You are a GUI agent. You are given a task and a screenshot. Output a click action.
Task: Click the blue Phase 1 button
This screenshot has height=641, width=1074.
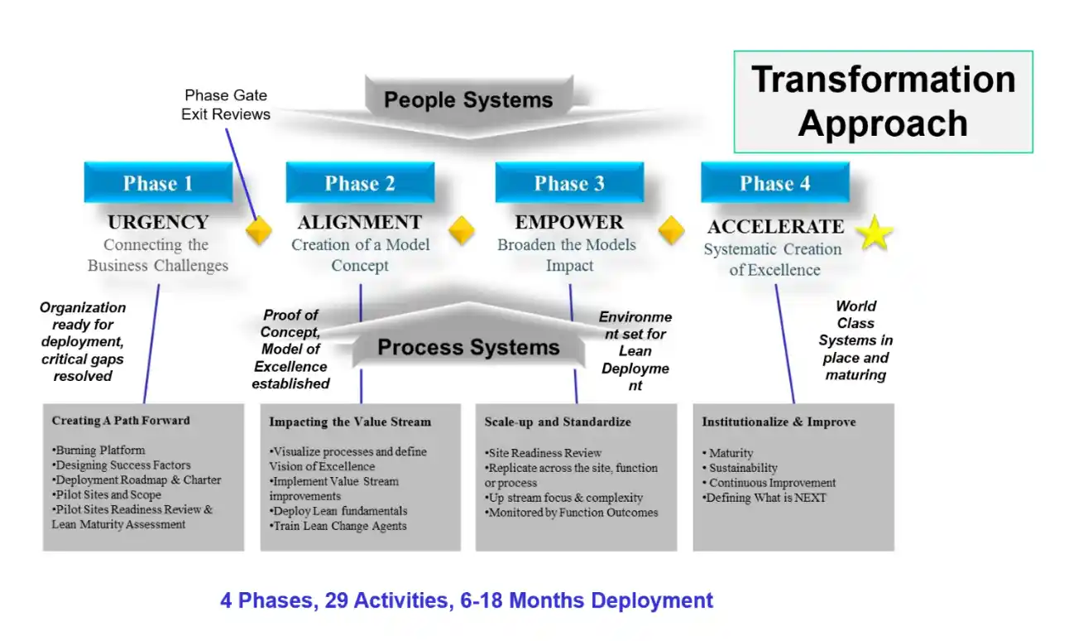(158, 183)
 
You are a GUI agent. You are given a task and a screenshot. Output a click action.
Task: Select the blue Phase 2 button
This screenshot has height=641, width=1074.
(360, 183)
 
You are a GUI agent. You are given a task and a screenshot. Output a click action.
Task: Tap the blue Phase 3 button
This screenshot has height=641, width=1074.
(569, 183)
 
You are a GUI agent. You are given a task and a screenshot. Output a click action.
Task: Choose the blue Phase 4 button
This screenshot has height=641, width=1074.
(774, 183)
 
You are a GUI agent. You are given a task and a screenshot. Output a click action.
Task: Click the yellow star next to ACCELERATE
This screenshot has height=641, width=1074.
(875, 234)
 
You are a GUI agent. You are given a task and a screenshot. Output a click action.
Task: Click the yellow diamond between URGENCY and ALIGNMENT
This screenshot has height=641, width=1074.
(259, 230)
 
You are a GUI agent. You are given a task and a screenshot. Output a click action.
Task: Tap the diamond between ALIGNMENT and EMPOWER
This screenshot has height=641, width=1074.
(461, 230)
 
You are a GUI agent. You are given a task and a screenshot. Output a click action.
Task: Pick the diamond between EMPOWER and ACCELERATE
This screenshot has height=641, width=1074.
(671, 230)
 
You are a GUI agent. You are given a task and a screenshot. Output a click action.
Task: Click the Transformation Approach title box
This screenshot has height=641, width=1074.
(883, 102)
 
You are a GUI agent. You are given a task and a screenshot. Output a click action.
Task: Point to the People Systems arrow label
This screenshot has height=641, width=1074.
(468, 101)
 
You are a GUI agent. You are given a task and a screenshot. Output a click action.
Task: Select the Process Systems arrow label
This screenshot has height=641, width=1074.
(468, 347)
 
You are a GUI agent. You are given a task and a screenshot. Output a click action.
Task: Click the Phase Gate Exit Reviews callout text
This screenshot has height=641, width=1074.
(226, 105)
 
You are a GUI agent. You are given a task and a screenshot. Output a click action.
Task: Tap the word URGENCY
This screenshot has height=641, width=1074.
(158, 222)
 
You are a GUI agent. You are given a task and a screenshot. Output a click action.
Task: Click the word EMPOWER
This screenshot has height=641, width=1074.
(569, 222)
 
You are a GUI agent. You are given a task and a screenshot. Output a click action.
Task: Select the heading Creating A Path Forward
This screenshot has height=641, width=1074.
(121, 421)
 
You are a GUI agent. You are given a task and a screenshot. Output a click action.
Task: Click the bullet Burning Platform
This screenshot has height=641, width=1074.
(99, 451)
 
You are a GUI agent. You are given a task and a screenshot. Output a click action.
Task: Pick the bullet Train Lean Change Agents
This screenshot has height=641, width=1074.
(339, 526)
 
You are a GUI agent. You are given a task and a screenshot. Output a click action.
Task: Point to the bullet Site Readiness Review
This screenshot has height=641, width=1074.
(544, 453)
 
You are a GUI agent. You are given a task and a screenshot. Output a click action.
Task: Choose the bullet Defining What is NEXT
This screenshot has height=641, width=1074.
(765, 498)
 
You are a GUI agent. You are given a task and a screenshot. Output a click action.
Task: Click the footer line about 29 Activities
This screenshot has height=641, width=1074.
(467, 600)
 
